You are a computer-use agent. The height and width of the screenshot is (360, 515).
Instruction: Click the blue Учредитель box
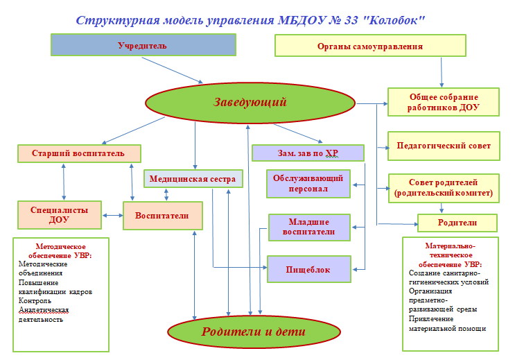(143, 45)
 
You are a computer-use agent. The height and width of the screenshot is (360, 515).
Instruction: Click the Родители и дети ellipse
(253, 331)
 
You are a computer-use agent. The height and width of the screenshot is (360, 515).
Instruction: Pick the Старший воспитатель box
(78, 153)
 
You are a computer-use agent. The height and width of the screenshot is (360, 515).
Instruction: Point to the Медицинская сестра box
(193, 179)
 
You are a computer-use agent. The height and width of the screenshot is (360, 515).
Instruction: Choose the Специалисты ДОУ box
(59, 214)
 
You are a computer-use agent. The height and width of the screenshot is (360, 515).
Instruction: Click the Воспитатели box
(164, 215)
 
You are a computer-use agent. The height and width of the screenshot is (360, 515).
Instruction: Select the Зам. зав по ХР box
(308, 153)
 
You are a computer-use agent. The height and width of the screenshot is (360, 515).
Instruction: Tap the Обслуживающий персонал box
(309, 184)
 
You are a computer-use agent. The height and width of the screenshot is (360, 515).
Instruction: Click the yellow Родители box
(457, 223)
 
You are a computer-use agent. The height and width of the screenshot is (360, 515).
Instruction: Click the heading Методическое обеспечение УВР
(60, 250)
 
